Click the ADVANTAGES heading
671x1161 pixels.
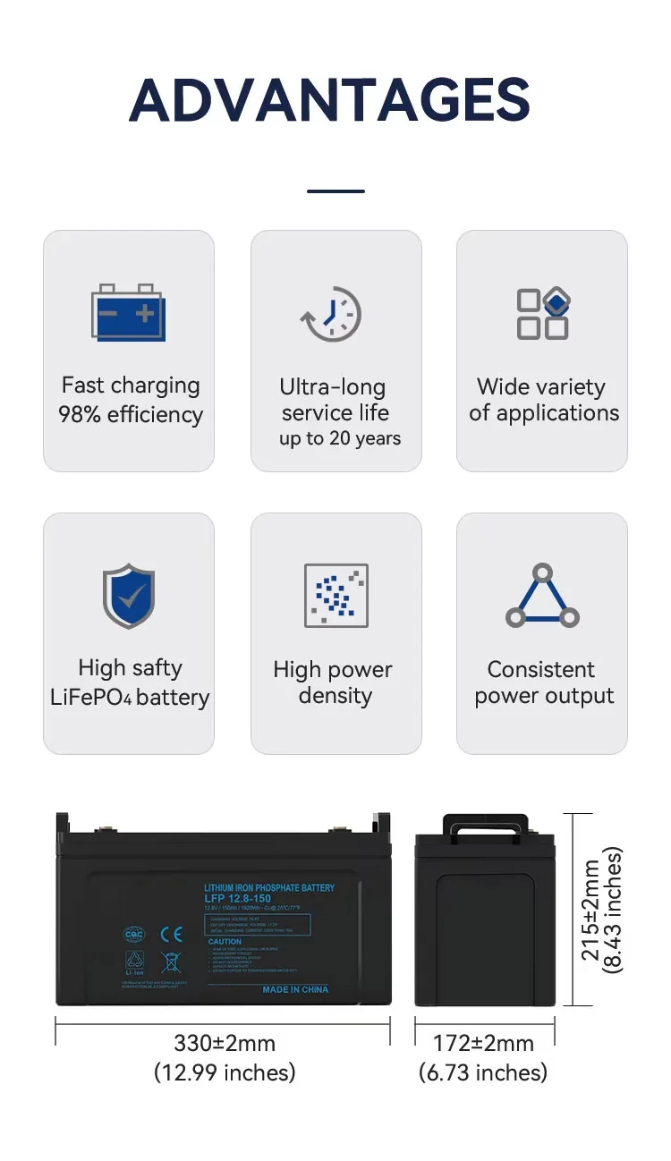pos(330,99)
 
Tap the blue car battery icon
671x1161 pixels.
pos(128,312)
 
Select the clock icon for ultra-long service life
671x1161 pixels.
pos(332,314)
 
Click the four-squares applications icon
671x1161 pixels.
pos(542,314)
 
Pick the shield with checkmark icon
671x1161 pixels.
pos(129,596)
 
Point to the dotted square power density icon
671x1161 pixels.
pos(335,596)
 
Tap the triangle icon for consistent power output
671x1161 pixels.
pos(542,596)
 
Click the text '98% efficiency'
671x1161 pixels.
pos(131,415)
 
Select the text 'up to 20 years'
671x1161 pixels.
pos(340,438)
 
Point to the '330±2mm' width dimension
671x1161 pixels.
pos(224,1043)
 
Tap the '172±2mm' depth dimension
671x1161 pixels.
pos(483,1043)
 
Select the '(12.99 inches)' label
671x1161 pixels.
pos(224,1072)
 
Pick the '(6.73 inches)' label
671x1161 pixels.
pos(483,1072)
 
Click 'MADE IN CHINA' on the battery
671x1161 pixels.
pos(295,989)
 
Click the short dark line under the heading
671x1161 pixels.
pos(335,191)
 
